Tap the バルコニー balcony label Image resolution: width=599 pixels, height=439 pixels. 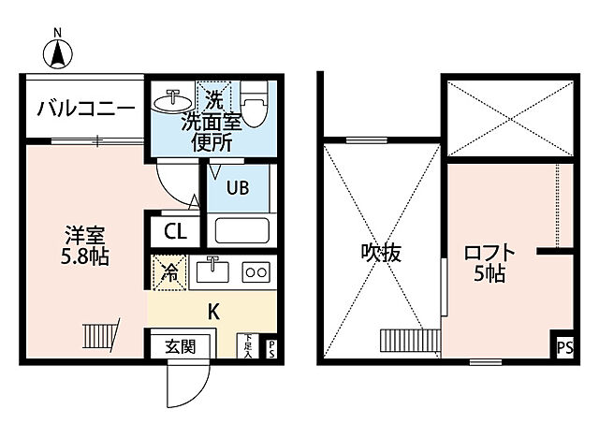tap(86, 109)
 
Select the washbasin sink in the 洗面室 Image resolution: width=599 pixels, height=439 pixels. tap(173, 100)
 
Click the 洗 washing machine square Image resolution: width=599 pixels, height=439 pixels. tap(213, 96)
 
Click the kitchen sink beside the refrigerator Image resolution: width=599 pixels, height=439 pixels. tap(214, 271)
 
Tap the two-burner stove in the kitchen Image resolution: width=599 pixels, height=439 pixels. tap(255, 272)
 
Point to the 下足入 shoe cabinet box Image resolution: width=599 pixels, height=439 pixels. tap(249, 346)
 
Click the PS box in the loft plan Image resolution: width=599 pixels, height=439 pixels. tap(563, 347)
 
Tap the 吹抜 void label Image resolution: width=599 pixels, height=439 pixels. tap(380, 252)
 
